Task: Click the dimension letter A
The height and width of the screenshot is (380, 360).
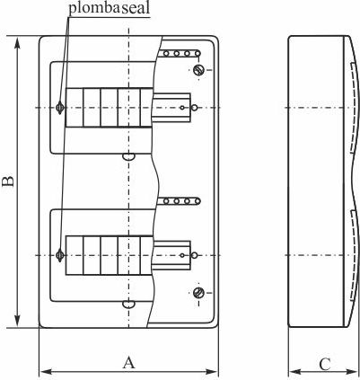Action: (128, 362)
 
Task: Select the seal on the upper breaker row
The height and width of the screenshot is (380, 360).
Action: (60, 108)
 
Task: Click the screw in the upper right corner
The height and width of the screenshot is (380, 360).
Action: (198, 70)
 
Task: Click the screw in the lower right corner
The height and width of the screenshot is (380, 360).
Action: (198, 293)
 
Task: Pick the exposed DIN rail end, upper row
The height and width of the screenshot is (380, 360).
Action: (174, 108)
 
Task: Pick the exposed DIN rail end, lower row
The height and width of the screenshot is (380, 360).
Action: (174, 255)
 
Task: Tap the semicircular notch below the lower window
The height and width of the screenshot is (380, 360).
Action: (128, 304)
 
